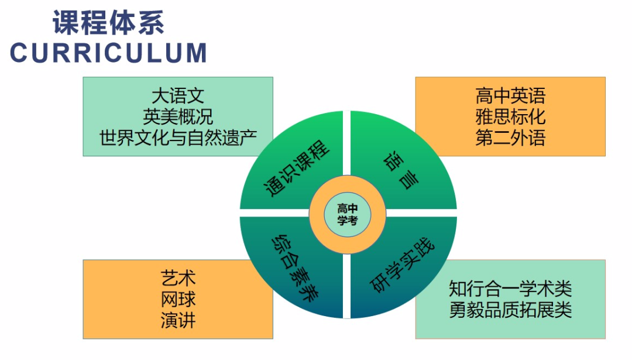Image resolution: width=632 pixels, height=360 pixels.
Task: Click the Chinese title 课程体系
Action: pos(108,23)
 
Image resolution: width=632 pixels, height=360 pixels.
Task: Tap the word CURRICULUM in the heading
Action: pos(108,53)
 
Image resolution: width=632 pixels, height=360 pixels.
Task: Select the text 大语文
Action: pos(178,95)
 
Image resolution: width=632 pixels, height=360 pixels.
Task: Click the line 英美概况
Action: pos(178,116)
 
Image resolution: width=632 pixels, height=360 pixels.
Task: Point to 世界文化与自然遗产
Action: pos(178,137)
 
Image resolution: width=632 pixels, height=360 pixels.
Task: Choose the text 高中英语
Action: pos(510,95)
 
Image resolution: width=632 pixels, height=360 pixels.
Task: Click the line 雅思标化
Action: pos(510,116)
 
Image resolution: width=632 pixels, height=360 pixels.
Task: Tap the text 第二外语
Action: pos(510,137)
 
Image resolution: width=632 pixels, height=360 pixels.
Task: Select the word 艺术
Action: pos(178,278)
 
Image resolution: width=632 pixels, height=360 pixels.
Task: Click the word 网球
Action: pos(178,299)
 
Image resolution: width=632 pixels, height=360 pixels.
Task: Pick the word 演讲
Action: pos(178,320)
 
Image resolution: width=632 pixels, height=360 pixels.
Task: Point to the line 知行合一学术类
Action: pos(510,289)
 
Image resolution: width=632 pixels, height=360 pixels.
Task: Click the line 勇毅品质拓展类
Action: pos(510,309)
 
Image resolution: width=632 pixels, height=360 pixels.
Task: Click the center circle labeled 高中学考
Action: pos(348,214)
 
